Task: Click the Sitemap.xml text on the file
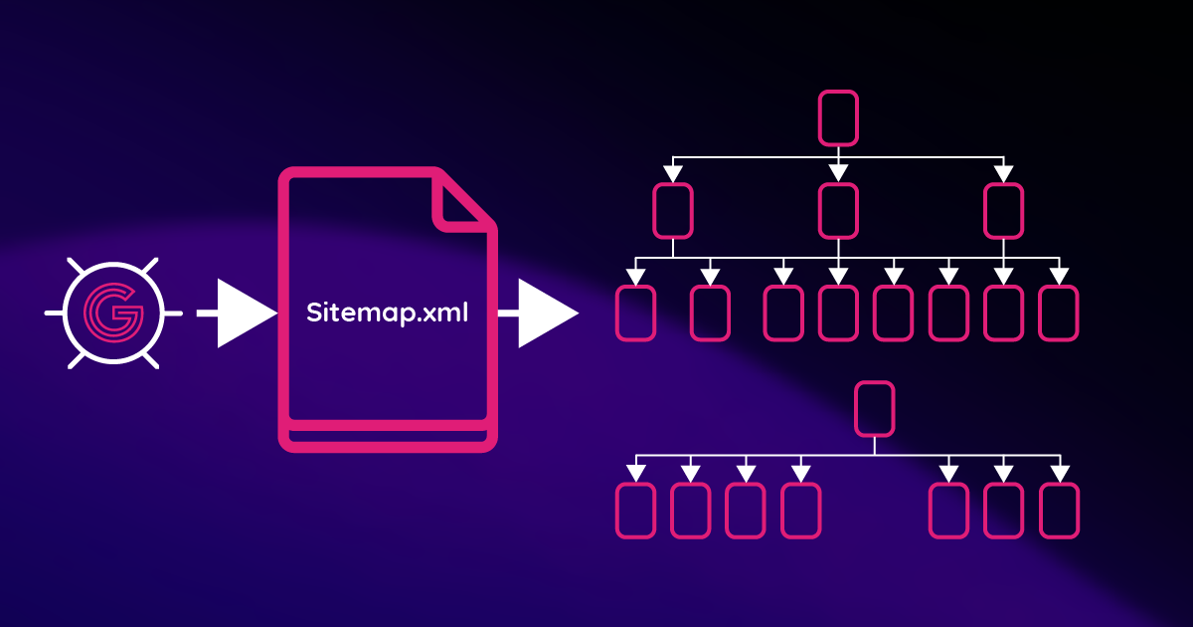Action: tap(387, 313)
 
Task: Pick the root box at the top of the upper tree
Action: tap(837, 117)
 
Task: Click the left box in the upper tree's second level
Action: tap(673, 211)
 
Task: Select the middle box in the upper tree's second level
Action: tap(838, 211)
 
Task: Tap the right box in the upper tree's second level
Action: tap(1003, 211)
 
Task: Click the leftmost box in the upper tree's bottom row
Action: tap(636, 313)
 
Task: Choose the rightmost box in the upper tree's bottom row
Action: tap(1059, 313)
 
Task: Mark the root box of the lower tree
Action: tap(874, 408)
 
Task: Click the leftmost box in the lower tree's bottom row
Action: tap(636, 510)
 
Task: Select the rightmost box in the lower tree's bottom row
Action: tap(1059, 510)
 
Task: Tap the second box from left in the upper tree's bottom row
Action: tap(710, 313)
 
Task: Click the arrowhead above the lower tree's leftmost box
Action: tap(636, 470)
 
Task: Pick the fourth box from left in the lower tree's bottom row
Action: tap(800, 510)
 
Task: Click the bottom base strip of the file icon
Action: tap(388, 438)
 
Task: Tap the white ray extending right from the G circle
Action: tap(172, 313)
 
